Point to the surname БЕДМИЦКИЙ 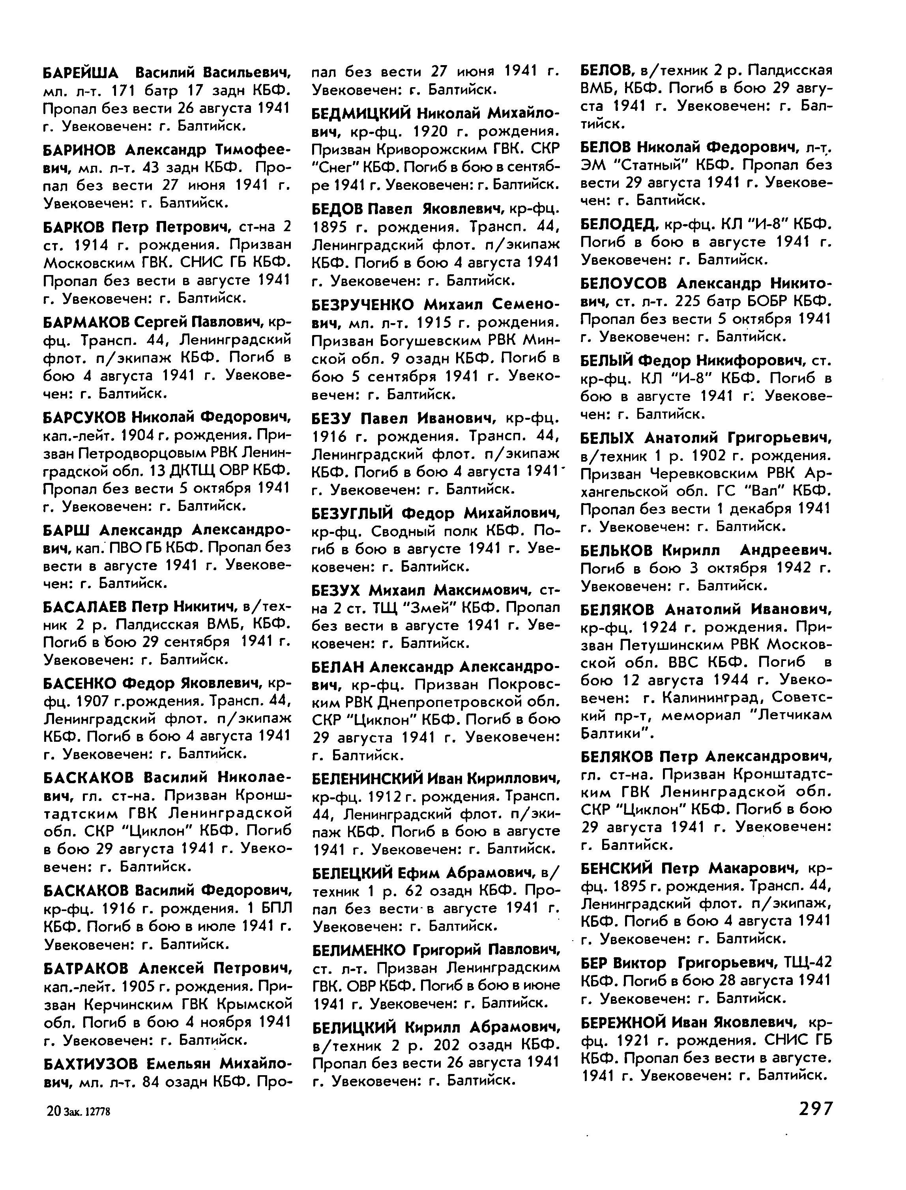[x=361, y=113]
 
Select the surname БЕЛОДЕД [x=618, y=224]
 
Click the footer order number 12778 [x=99, y=1111]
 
